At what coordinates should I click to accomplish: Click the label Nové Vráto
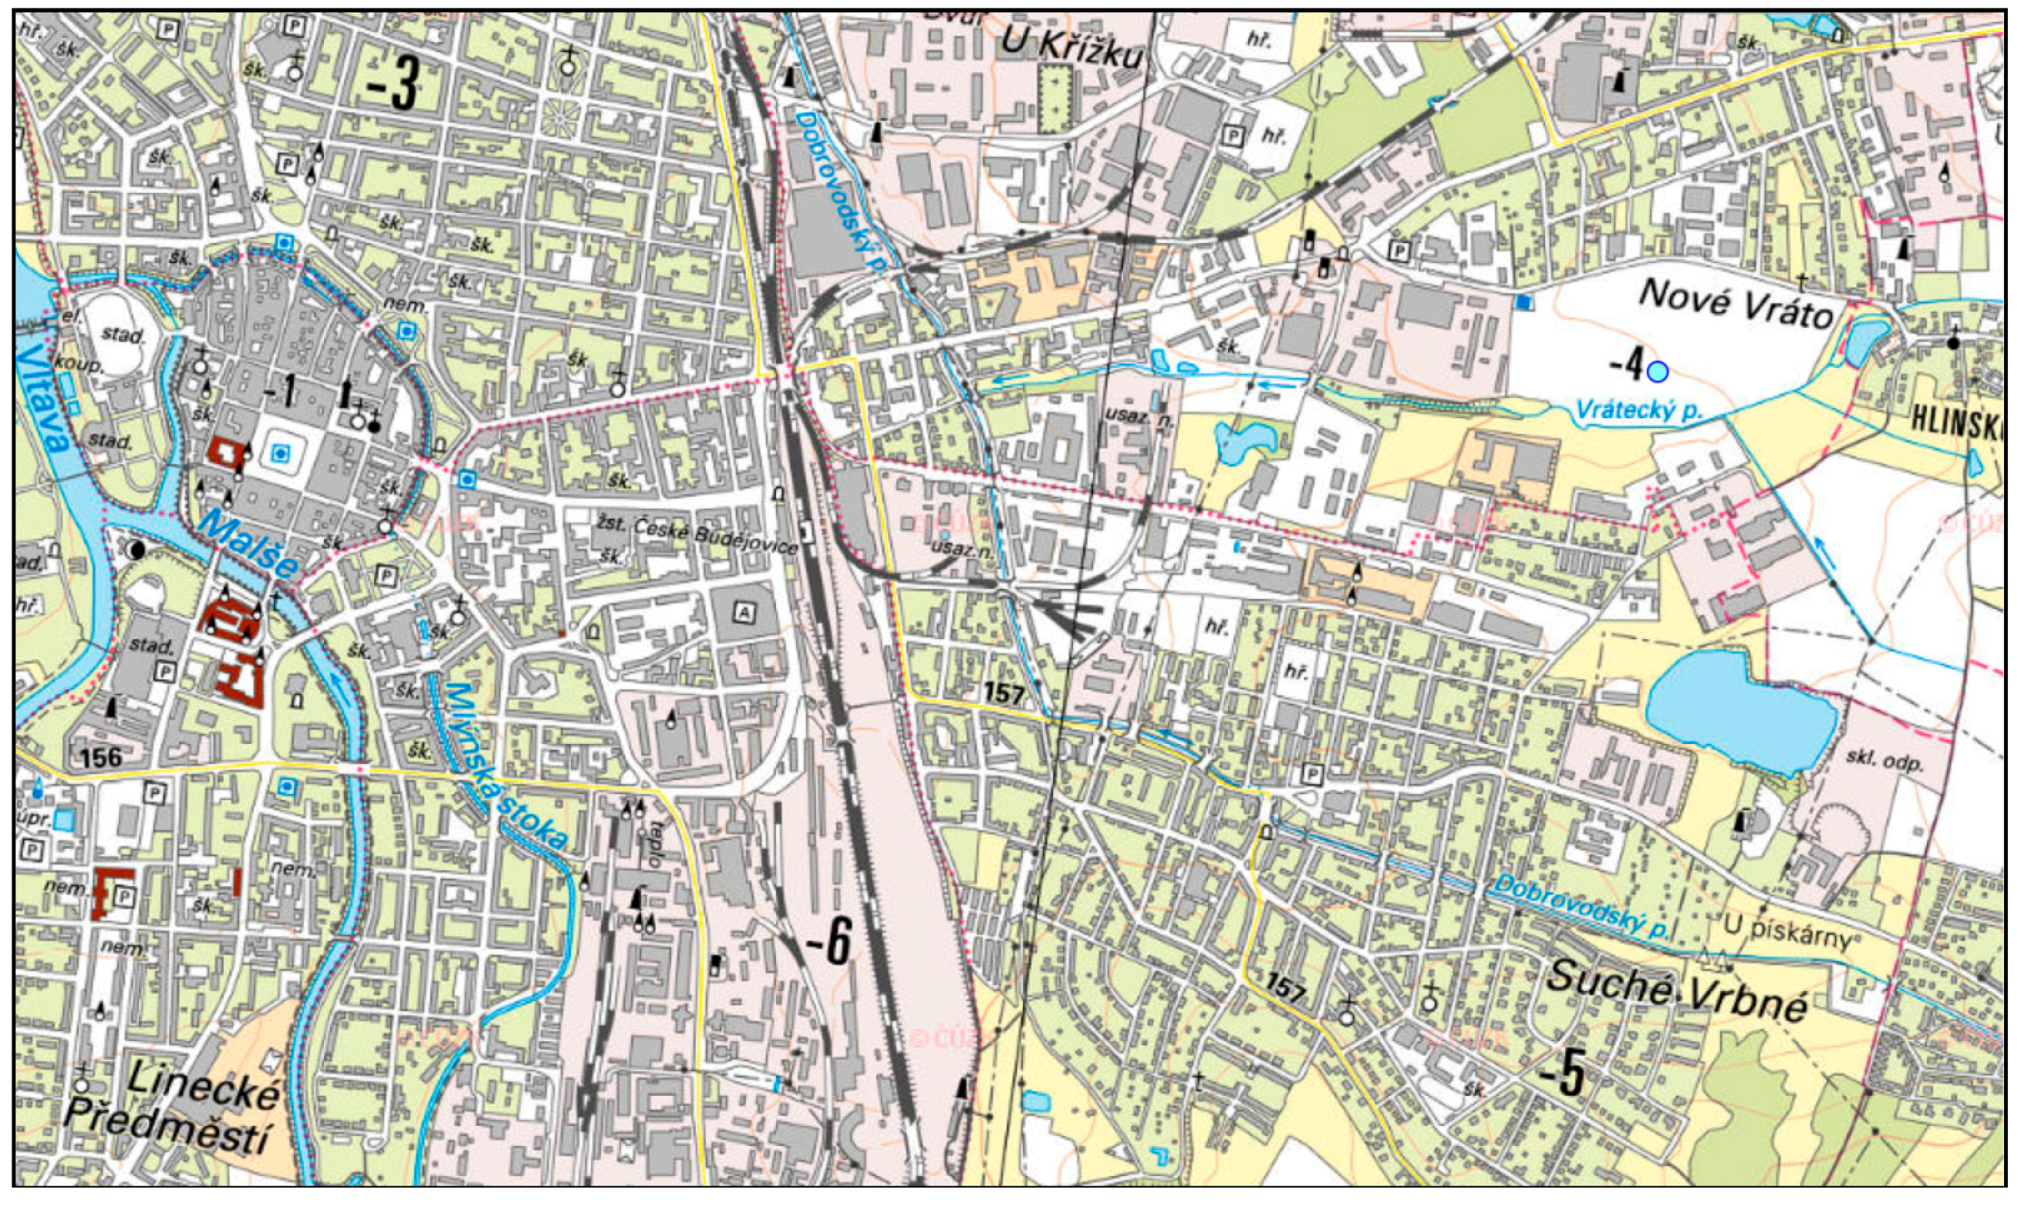[x=1736, y=304]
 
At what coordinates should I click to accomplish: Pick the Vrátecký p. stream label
[x=1638, y=411]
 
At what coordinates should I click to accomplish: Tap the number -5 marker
[x=1560, y=1075]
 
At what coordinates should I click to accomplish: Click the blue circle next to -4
[x=1658, y=372]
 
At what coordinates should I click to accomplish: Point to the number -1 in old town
[x=280, y=394]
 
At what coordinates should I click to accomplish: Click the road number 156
[x=101, y=757]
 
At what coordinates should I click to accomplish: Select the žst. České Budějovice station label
[x=693, y=534]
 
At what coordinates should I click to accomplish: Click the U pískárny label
[x=1787, y=933]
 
